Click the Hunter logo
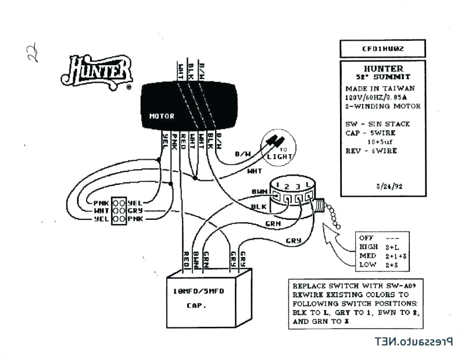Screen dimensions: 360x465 click(x=96, y=72)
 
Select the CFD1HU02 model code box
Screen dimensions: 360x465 click(x=382, y=48)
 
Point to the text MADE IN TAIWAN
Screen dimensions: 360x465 click(x=374, y=88)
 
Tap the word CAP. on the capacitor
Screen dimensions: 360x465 click(x=196, y=305)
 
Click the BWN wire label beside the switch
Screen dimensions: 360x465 click(x=259, y=191)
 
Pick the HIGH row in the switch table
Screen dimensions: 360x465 click(x=369, y=247)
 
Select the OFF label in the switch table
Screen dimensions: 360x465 click(x=367, y=238)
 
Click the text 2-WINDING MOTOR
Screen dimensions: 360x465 click(x=381, y=106)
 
